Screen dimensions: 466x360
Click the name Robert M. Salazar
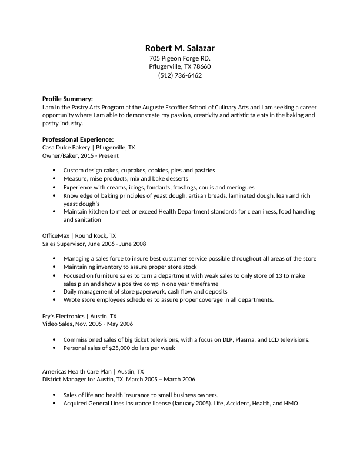[180, 48]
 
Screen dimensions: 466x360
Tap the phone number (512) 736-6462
[180, 76]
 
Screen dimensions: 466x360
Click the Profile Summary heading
[68, 99]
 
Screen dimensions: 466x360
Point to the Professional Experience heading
[78, 139]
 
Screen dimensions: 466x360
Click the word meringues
[238, 187]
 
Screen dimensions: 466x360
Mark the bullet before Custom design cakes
[54, 170]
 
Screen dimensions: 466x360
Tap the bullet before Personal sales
[54, 348]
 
